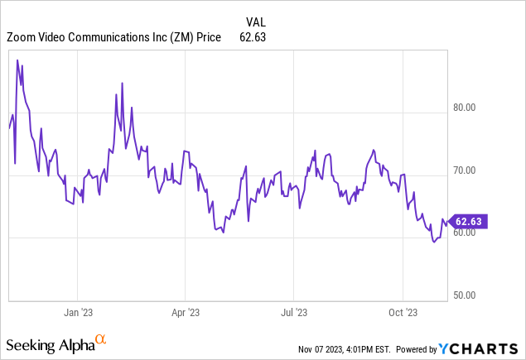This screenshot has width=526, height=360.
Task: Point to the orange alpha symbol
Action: click(101, 339)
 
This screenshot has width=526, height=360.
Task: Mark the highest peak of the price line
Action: click(17, 60)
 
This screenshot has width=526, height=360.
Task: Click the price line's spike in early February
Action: click(122, 84)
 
